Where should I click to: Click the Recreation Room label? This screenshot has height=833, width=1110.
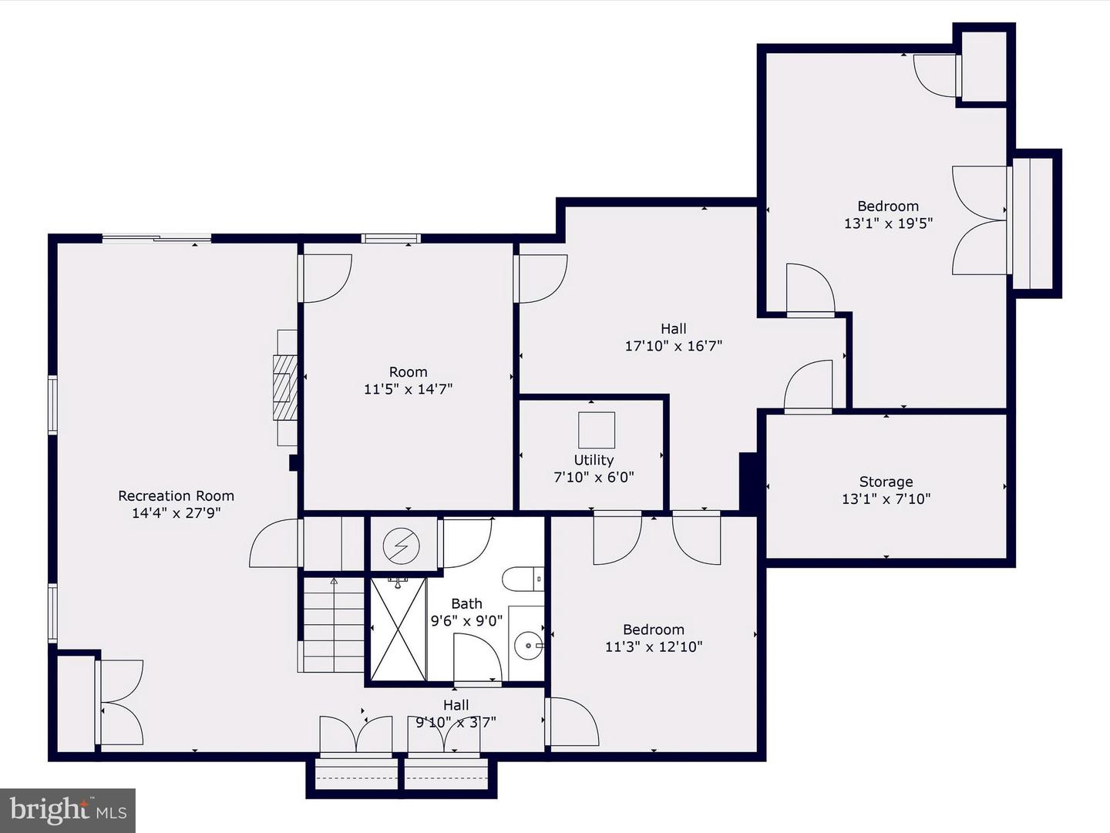coord(176,495)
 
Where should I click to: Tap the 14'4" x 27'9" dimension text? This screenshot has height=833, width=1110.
coord(176,513)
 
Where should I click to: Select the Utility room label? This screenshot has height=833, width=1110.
coord(594,460)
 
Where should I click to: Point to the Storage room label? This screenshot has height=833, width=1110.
coord(886,482)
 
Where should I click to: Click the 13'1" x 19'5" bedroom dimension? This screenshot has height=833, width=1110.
coord(888,223)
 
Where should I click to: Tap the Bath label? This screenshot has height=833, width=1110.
coord(466,603)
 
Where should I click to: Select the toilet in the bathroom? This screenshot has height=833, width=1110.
coord(523,579)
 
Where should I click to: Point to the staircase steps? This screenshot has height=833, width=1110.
coord(333,625)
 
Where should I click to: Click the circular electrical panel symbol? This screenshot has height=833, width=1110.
coord(402,546)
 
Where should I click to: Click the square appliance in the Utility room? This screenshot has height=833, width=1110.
coord(597,430)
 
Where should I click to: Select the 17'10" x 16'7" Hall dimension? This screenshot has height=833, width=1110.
coord(674,346)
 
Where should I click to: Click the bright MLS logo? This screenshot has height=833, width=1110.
coord(68,810)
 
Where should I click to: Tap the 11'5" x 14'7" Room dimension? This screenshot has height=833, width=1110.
coord(408,389)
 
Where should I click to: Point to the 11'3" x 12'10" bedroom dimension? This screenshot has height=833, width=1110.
coord(654,647)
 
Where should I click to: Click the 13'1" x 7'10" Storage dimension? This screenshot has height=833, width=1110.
coord(886,499)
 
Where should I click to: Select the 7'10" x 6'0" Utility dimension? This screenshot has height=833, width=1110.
coord(594,477)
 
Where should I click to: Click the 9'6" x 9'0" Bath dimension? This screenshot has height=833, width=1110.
coord(466,620)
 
